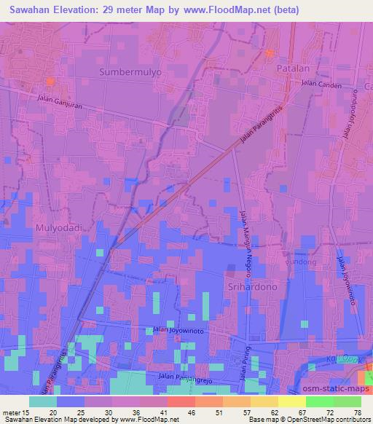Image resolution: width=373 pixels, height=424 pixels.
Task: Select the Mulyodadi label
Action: [54, 227]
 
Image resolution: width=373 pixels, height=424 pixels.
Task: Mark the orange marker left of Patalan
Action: [270, 52]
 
